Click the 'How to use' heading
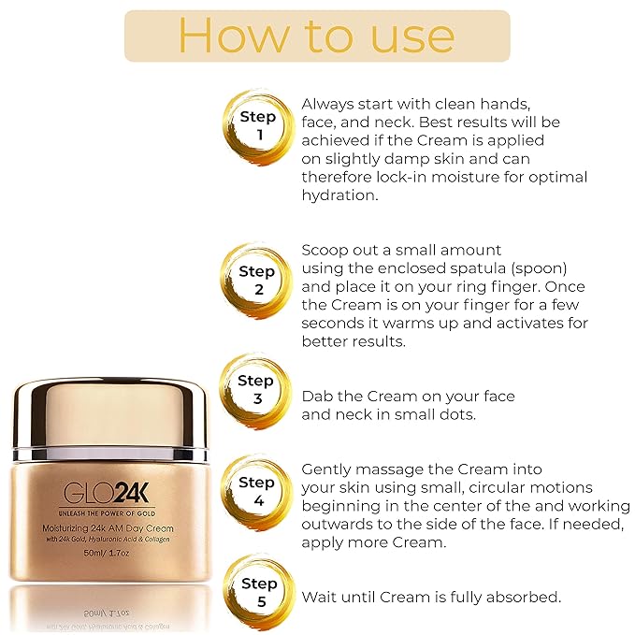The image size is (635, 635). pyautogui.click(x=317, y=36)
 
